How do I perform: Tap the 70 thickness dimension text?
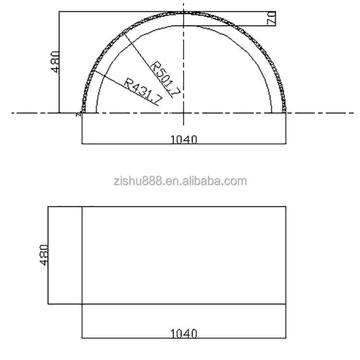pyautogui.click(x=271, y=19)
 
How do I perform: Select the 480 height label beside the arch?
pyautogui.click(x=56, y=61)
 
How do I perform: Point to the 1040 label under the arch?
pyautogui.click(x=184, y=140)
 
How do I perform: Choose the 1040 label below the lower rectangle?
pyautogui.click(x=184, y=333)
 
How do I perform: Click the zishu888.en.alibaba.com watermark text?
pyautogui.click(x=180, y=181)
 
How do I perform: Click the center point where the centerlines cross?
pyautogui.click(x=184, y=113)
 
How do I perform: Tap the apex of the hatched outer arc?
pyautogui.click(x=184, y=12)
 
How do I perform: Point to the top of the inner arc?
pyautogui.click(x=184, y=26)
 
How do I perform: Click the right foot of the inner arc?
pyautogui.click(x=272, y=112)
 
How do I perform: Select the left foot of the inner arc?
pyautogui.click(x=96, y=112)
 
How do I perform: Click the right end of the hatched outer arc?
pyautogui.click(x=285, y=111)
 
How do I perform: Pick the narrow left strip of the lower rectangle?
pyautogui.click(x=65, y=255)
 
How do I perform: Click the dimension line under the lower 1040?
pyautogui.click(x=144, y=338)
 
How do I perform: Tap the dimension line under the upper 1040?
pyautogui.click(x=144, y=144)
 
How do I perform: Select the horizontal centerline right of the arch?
pyautogui.click(x=322, y=113)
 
